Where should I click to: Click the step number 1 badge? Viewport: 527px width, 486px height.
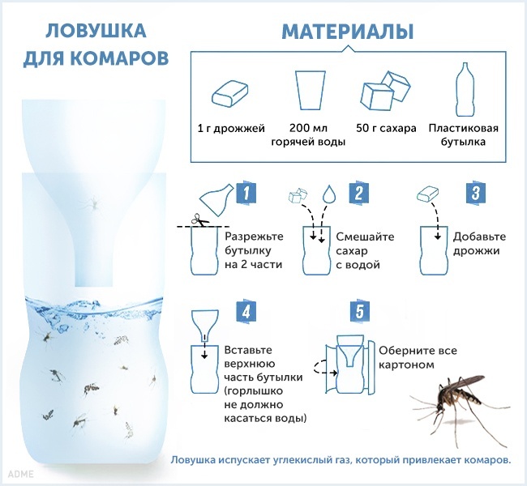point(246,193)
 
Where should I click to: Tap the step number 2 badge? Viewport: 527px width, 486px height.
point(358,193)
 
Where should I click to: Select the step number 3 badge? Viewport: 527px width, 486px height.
point(476,193)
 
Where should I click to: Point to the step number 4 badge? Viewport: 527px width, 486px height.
point(246,311)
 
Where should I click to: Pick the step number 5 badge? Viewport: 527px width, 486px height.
point(360,311)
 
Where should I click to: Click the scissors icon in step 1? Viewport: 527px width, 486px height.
point(199,220)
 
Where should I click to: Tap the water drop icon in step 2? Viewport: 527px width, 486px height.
point(329,194)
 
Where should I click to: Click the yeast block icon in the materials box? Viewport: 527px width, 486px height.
point(230,92)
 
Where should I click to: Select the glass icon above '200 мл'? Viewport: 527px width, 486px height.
point(311,90)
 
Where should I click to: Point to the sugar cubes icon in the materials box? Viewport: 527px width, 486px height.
point(386,91)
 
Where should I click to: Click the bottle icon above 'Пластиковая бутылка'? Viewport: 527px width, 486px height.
point(465,89)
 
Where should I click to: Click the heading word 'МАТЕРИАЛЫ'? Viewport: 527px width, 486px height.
point(348,32)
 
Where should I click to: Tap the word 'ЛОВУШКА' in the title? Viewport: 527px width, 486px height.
point(96,31)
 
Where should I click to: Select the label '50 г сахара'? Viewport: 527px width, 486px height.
point(386,128)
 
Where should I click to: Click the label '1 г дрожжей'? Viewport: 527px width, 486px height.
point(231,129)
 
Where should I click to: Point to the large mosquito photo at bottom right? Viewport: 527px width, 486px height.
point(460,409)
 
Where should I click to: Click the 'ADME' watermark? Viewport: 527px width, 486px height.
point(21,474)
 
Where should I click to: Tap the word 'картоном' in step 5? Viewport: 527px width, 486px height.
point(406,364)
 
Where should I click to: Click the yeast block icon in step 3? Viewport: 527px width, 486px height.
point(428,194)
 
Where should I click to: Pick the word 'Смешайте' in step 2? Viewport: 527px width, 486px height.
point(365,237)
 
